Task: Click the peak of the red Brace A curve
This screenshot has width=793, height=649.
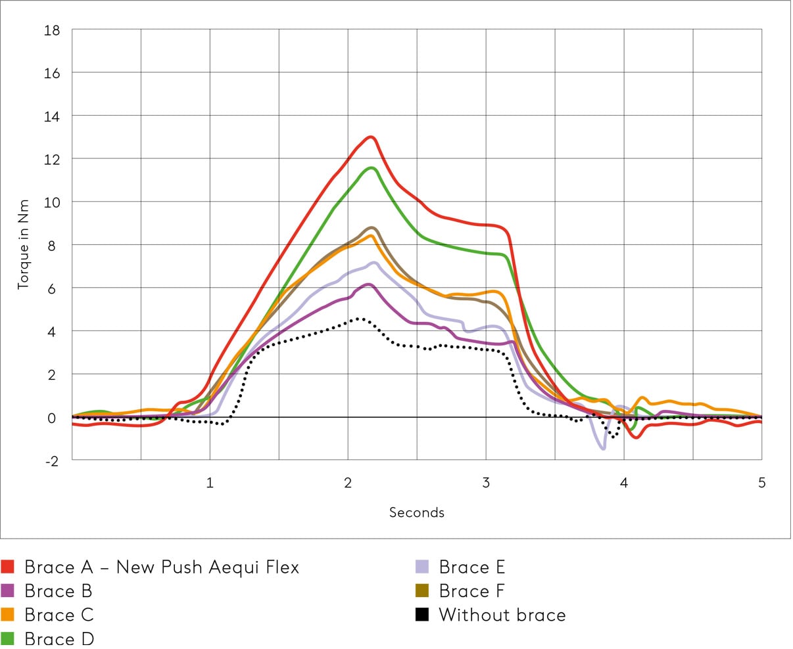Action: point(371,137)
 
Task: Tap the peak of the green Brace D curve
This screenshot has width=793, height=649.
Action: point(372,168)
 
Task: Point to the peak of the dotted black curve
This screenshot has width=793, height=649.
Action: point(359,318)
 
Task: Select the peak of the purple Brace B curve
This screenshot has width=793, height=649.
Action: point(370,284)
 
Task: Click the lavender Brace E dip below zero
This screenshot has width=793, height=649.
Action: point(603,448)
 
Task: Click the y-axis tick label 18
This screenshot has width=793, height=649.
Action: point(51,30)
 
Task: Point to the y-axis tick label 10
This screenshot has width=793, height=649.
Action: point(51,202)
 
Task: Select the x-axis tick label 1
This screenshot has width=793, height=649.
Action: point(210,483)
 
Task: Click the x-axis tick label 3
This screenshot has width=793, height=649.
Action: point(486,483)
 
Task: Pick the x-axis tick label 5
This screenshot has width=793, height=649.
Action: point(761,483)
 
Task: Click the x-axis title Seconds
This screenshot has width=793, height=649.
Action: point(416,512)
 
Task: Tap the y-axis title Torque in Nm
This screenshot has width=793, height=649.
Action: point(24,244)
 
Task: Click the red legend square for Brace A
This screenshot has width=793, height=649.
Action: point(8,567)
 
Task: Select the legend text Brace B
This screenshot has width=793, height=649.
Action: point(58,591)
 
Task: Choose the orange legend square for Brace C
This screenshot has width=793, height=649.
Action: point(8,615)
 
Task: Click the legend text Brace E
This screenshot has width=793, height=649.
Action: point(471,567)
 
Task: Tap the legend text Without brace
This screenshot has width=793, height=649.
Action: point(502,615)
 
